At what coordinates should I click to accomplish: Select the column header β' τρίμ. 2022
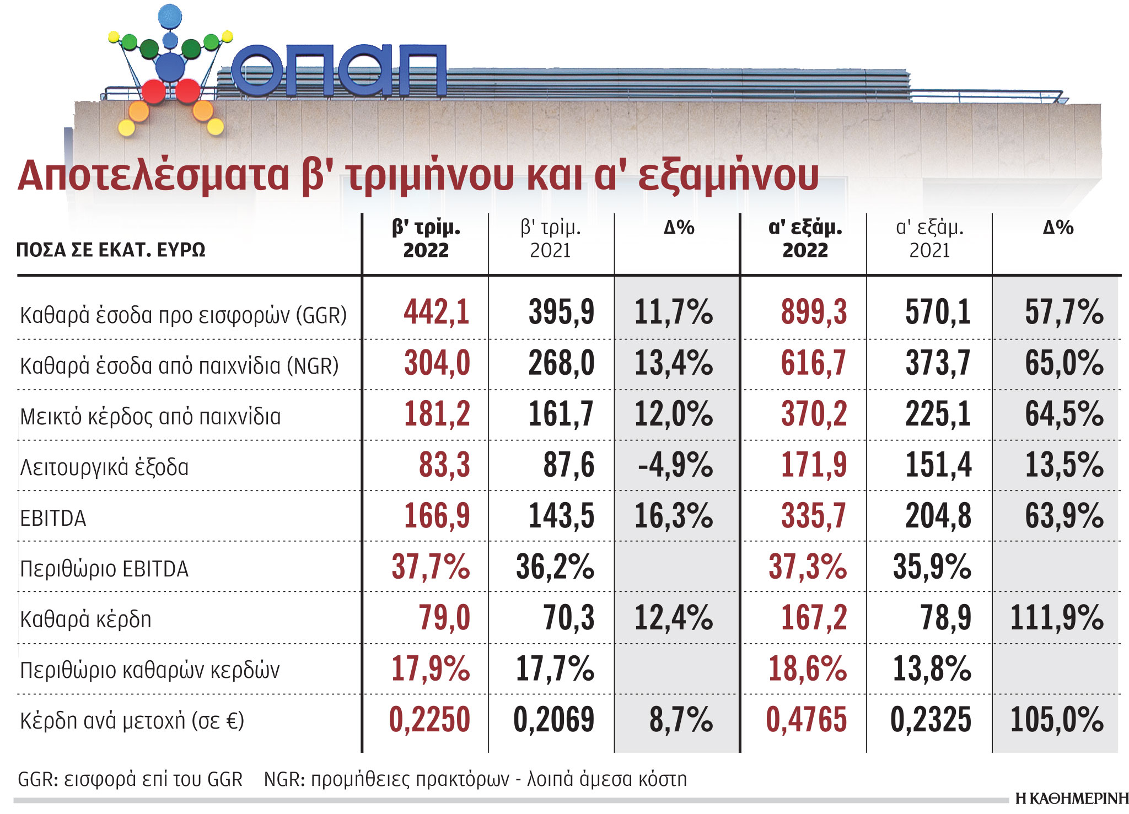coord(426,239)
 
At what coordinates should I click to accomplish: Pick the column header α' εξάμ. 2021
coord(929,239)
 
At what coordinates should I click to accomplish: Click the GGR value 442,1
coord(436,312)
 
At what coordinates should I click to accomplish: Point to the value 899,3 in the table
coord(814,312)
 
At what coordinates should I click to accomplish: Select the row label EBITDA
coord(53,519)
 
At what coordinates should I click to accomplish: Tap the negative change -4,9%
coord(675,465)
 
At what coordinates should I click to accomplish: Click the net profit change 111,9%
coord(1057,617)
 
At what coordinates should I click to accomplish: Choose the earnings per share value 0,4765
coord(806,720)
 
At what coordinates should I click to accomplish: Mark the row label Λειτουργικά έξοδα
coord(104,467)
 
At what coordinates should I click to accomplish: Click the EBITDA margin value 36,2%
coord(555,567)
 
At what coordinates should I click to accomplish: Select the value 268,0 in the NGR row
coord(561,363)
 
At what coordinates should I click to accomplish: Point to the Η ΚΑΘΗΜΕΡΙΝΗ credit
coord(1071,799)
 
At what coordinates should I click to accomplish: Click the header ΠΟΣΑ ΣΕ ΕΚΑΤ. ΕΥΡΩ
coord(111,250)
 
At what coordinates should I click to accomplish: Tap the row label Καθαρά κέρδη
coord(85,619)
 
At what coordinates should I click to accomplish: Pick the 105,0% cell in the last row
coord(1057,720)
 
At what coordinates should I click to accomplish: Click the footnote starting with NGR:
coord(475,779)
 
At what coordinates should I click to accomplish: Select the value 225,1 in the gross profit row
coord(938,414)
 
